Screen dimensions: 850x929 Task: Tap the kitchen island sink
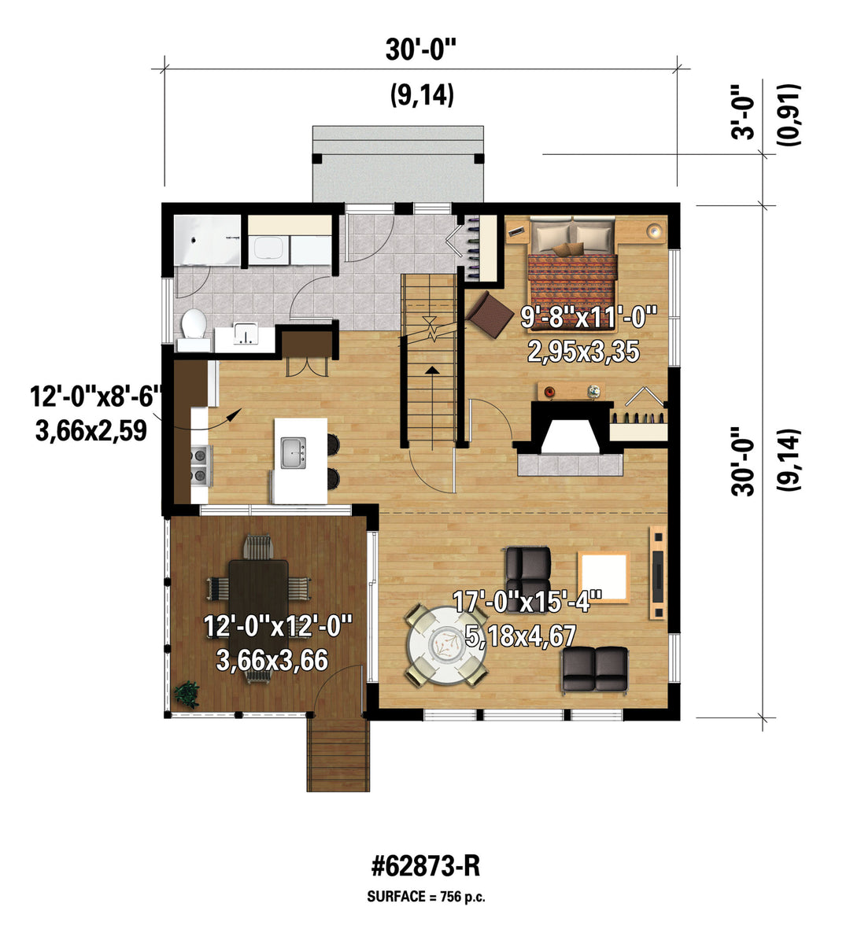294,453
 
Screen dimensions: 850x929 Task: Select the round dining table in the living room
445,644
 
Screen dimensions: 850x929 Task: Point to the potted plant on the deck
187,694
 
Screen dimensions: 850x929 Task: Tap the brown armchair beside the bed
490,314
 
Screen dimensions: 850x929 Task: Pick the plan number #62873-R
426,867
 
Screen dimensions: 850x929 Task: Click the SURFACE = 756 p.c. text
426,897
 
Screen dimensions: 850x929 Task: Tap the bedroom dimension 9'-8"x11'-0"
589,317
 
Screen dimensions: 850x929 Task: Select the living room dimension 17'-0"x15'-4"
527,601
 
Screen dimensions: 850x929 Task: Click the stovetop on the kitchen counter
201,464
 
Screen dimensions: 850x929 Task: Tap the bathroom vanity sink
244,335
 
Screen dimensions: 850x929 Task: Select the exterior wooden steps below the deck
338,754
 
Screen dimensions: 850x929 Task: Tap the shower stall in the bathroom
208,241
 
